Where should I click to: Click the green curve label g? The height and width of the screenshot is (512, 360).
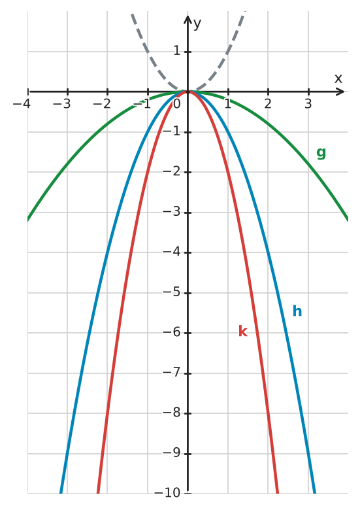coord(321,152)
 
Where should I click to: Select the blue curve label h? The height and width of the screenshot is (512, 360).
coord(297,311)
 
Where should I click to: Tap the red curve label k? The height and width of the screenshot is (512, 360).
coord(243,331)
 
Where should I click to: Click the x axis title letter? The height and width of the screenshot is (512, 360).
coord(338,78)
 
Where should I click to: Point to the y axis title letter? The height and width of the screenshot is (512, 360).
coord(197,24)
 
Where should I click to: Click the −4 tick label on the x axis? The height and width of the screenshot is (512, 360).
coord(22,104)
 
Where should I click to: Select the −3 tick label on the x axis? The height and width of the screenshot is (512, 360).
coord(61,104)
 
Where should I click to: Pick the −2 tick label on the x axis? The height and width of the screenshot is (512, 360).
coord(102,104)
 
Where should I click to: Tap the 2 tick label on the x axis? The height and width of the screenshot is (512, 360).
coord(268,104)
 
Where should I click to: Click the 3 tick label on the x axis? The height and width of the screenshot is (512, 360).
coord(308,104)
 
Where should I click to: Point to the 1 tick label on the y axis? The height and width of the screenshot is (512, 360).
coord(176,51)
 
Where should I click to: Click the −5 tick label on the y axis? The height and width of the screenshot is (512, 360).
coord(172,292)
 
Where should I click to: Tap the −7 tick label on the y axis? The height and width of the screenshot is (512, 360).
coord(172,373)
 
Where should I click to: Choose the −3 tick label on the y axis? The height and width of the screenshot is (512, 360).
coord(172,212)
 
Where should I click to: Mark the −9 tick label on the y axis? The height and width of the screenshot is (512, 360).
coord(172,453)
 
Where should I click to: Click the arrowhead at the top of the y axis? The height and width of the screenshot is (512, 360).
coord(188,18)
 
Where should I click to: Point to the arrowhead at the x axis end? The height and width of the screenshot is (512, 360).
coord(342,92)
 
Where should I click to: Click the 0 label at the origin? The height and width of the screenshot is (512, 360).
coord(176,104)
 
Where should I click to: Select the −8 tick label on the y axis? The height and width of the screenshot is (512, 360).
coord(172,413)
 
